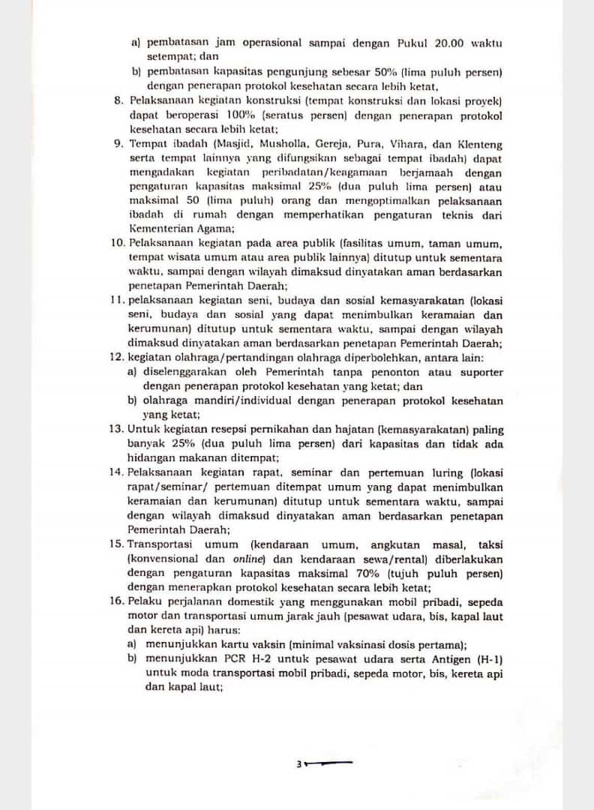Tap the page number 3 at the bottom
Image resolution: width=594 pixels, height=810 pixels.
pyautogui.click(x=298, y=764)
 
